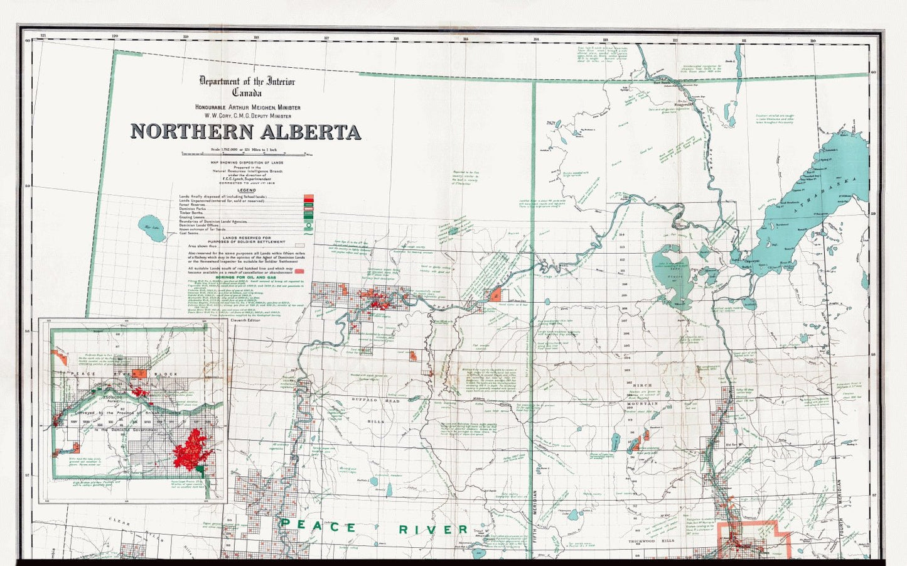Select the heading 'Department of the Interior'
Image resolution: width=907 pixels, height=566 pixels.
pos(247,81)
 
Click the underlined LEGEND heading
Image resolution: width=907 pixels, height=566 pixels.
pos(246,190)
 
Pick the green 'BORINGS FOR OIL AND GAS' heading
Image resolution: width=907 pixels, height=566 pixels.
pos(246,277)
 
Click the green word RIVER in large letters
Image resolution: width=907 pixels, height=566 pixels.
pos(433,530)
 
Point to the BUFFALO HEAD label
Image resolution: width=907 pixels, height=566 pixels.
pos(375,400)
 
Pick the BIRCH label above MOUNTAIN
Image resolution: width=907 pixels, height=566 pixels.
pos(642,384)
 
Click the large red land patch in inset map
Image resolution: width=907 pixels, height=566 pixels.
pos(193,448)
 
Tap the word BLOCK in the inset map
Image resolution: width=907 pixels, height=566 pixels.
pos(167,374)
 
